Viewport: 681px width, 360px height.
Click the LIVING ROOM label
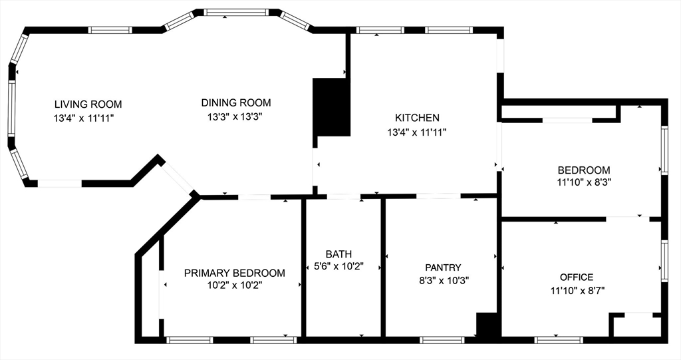[88, 104]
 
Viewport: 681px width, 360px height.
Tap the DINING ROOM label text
[236, 102]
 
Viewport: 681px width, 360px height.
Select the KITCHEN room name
[417, 117]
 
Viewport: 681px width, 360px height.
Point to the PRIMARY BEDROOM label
[235, 273]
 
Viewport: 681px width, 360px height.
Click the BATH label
[339, 254]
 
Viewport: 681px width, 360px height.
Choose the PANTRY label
[443, 268]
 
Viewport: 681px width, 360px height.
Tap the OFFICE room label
[577, 277]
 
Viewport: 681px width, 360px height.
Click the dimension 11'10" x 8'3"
[584, 182]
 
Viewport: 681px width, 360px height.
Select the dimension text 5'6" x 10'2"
[339, 266]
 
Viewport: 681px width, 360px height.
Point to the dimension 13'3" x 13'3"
[236, 116]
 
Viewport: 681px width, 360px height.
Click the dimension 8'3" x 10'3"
[443, 280]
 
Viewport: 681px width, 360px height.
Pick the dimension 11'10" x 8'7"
[577, 290]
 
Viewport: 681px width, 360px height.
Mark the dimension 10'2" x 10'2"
[235, 285]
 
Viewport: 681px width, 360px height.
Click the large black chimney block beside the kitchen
[331, 107]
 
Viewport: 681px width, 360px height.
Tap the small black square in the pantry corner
[487, 324]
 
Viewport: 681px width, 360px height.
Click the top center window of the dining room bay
[237, 13]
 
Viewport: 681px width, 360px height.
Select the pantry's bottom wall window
[442, 340]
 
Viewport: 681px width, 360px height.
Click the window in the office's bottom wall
[559, 340]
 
